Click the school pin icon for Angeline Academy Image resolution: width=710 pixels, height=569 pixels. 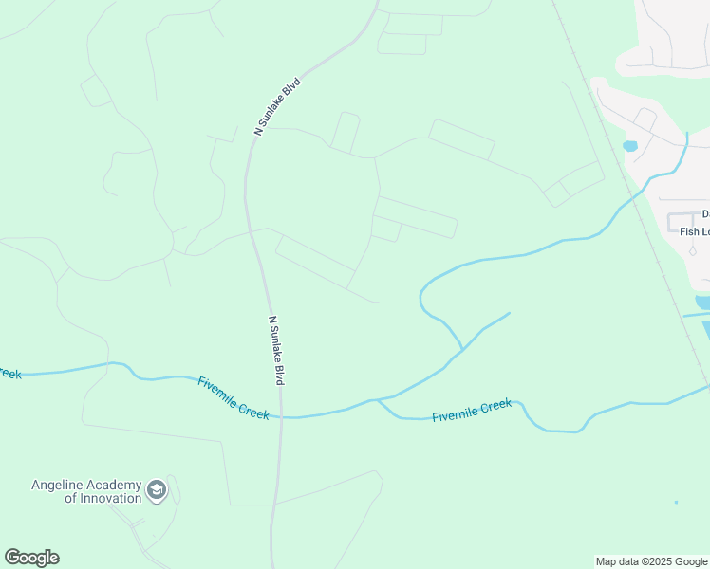tap(158, 490)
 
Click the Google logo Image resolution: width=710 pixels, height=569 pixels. tap(31, 558)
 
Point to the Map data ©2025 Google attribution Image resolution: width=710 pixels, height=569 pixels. tap(651, 561)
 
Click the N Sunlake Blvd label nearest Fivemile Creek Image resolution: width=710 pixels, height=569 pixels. tap(277, 350)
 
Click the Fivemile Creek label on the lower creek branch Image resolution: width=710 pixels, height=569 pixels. tap(472, 411)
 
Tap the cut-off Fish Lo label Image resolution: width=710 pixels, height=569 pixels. tap(694, 231)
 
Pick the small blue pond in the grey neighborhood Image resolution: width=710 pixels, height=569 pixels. tap(628, 146)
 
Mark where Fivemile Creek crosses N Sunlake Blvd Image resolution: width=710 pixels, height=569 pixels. tap(280, 416)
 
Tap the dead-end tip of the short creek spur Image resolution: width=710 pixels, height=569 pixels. tap(510, 313)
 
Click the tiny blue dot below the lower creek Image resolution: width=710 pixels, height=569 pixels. tap(676, 502)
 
